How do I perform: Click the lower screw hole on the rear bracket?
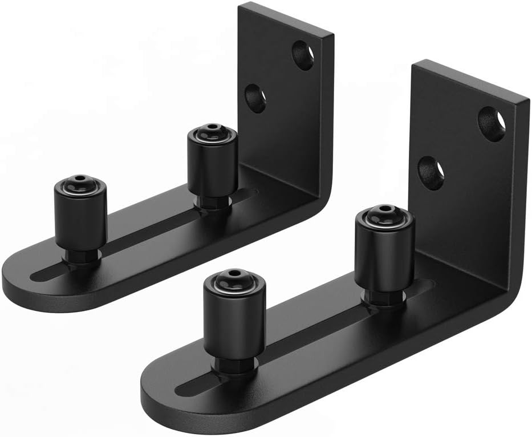tap(255, 98)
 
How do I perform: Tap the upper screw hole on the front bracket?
tap(492, 124)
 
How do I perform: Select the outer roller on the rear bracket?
tap(80, 214)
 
